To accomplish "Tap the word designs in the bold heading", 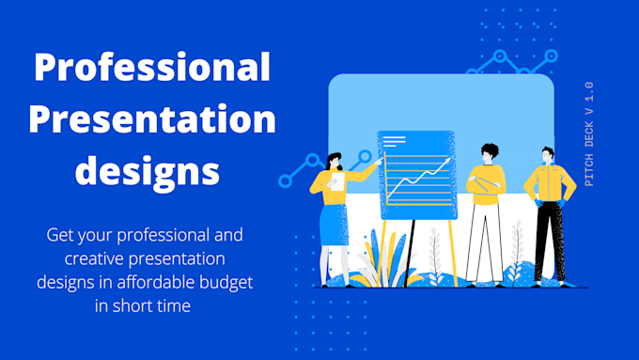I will pos(148,172).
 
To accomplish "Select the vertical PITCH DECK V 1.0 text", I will pos(589,133).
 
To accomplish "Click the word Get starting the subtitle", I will pos(61,233).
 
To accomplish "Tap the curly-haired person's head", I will pos(489,152).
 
